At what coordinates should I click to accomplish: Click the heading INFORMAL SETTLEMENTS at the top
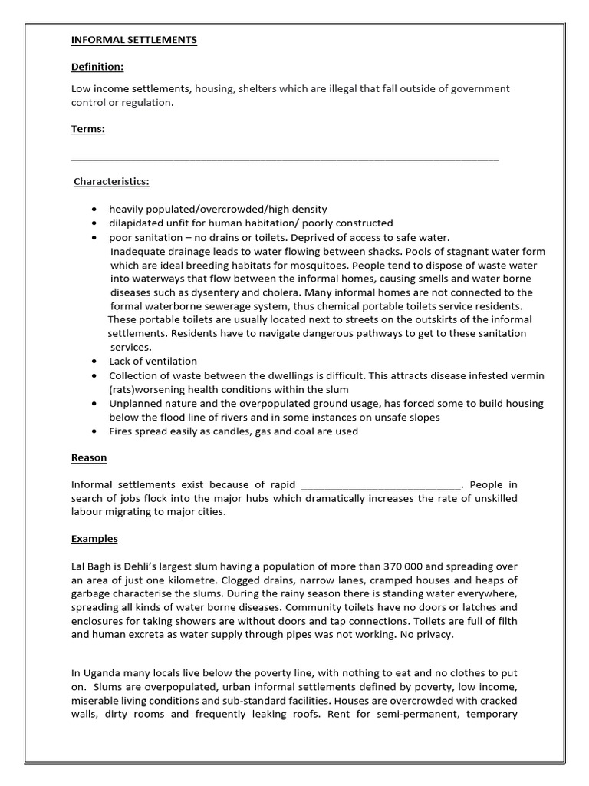click(134, 40)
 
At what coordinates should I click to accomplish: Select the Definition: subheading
click(97, 68)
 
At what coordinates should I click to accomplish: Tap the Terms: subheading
click(87, 129)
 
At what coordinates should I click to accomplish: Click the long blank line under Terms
click(285, 159)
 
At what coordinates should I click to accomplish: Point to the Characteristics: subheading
click(111, 182)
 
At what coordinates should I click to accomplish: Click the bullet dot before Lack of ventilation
click(94, 362)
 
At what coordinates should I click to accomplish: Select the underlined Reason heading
click(89, 458)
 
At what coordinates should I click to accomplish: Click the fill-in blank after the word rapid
click(381, 485)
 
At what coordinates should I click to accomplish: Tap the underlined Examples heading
click(94, 539)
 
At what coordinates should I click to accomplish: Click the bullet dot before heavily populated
click(94, 210)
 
